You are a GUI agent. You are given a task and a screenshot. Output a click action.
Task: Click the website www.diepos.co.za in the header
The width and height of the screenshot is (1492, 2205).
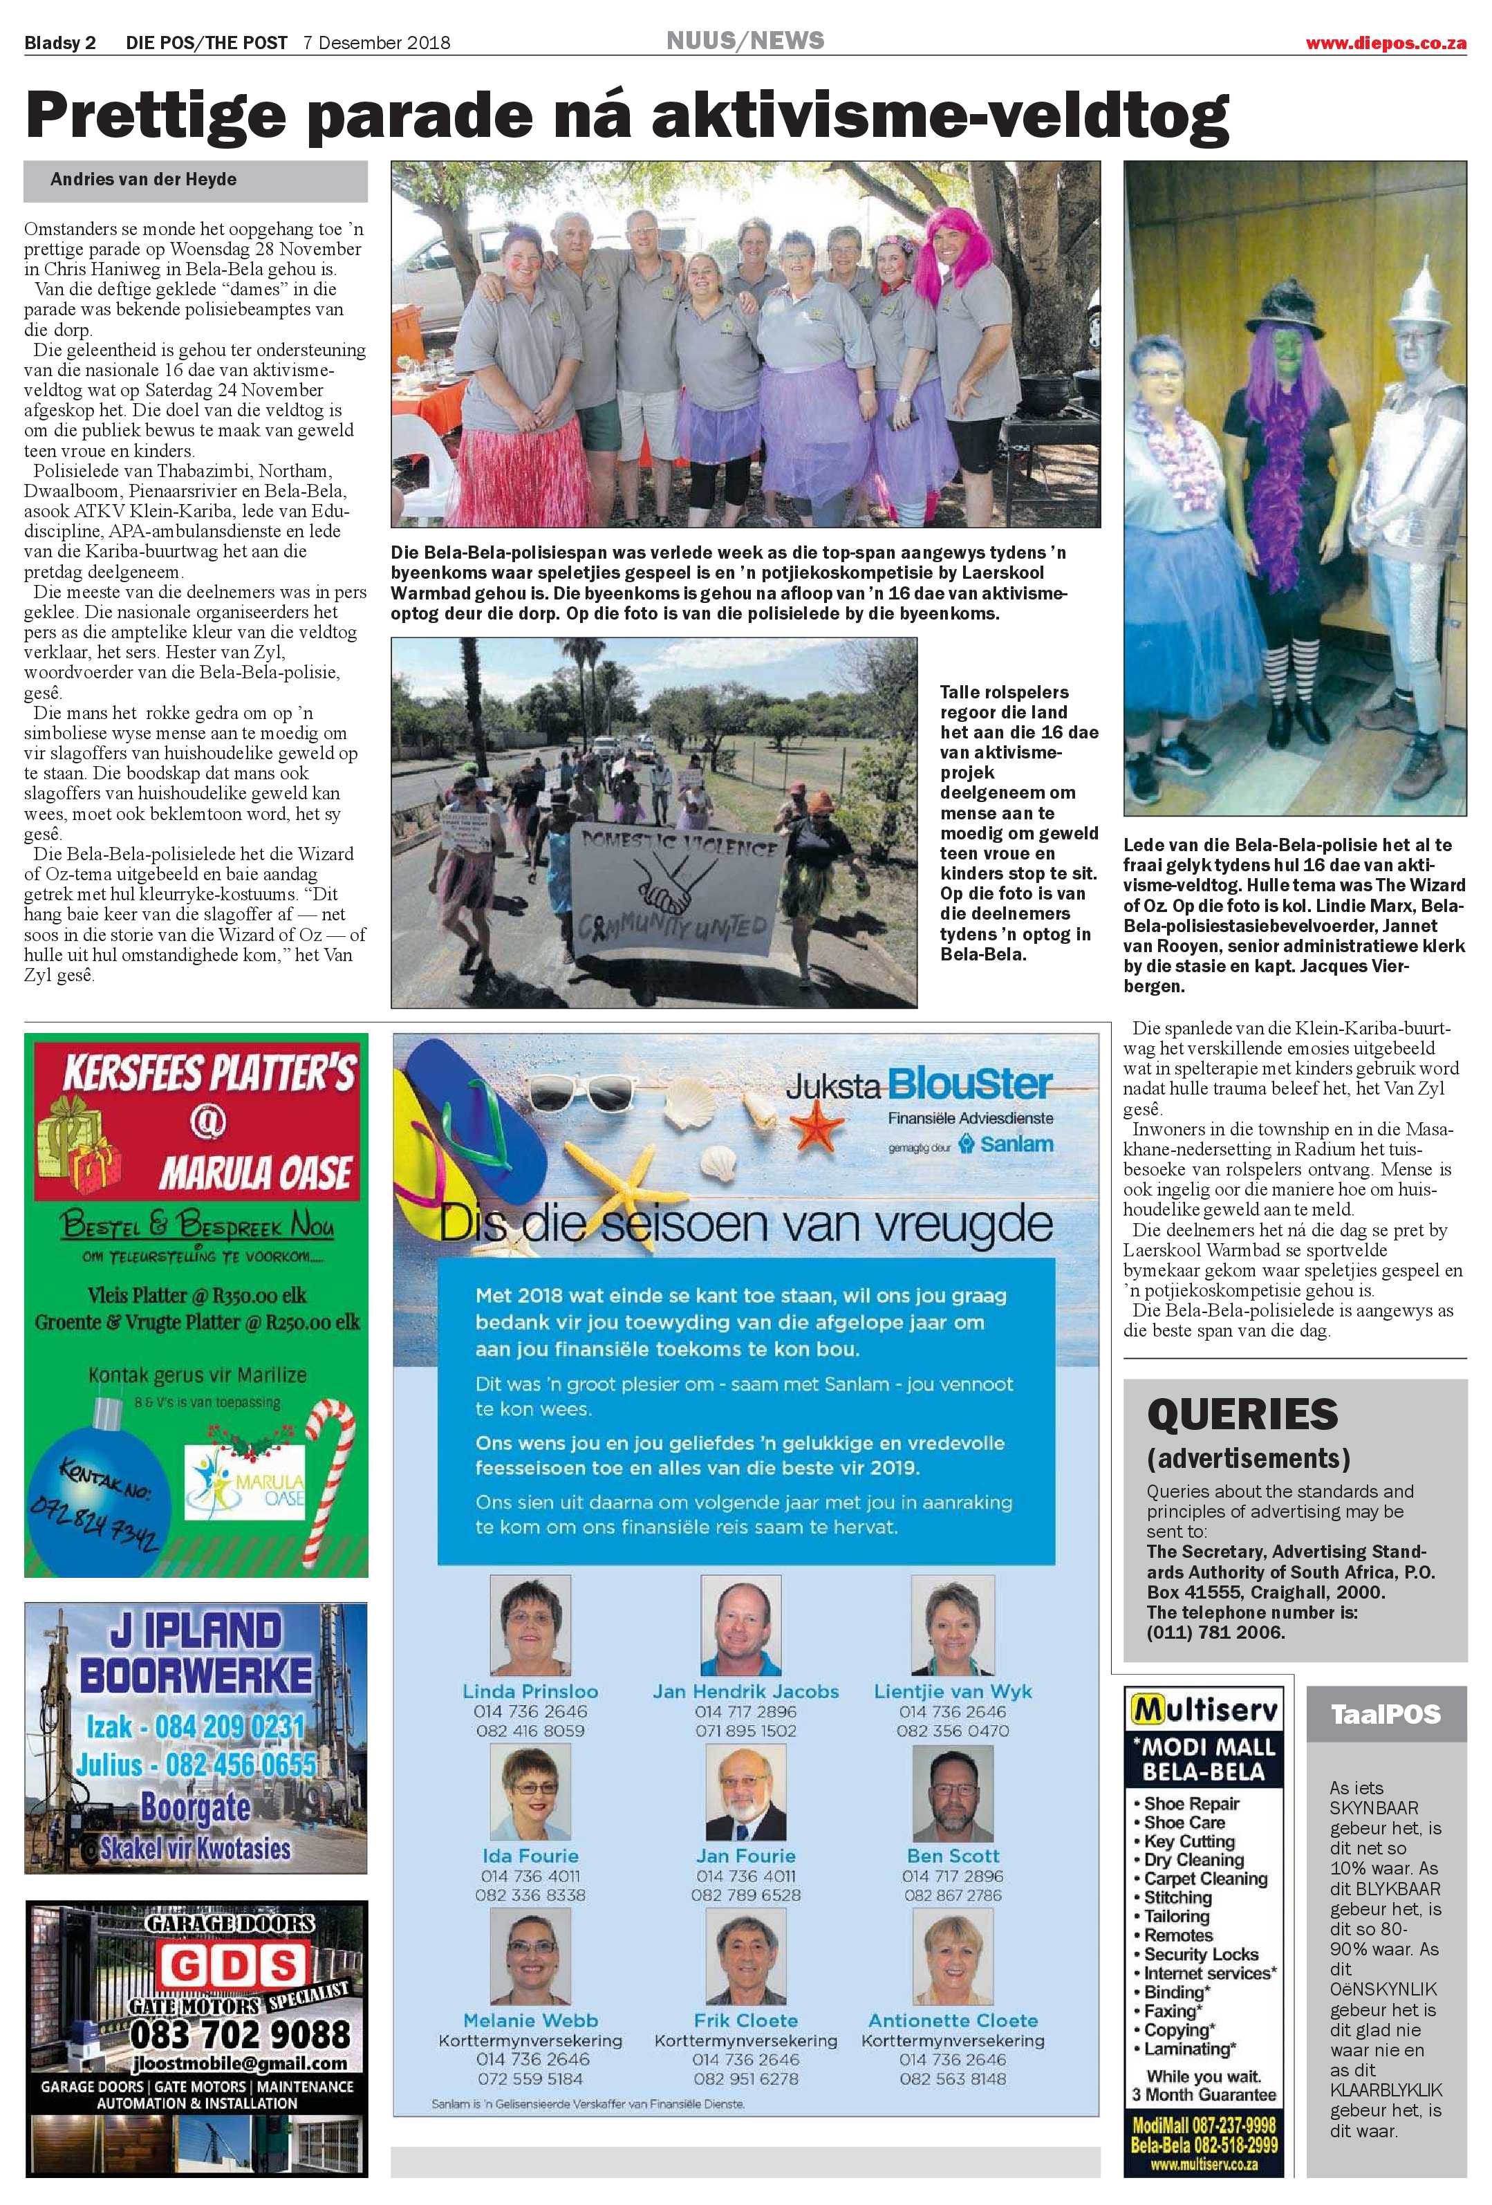pyautogui.click(x=1385, y=43)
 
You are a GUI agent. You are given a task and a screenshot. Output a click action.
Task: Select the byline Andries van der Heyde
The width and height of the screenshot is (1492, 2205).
pyautogui.click(x=143, y=179)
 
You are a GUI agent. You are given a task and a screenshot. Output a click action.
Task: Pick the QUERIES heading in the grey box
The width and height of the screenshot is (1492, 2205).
pyautogui.click(x=1242, y=1415)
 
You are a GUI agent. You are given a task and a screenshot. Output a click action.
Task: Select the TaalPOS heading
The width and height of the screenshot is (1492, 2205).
pyautogui.click(x=1385, y=1715)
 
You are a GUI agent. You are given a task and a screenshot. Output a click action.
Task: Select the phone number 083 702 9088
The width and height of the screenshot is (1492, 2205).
pyautogui.click(x=240, y=2034)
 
